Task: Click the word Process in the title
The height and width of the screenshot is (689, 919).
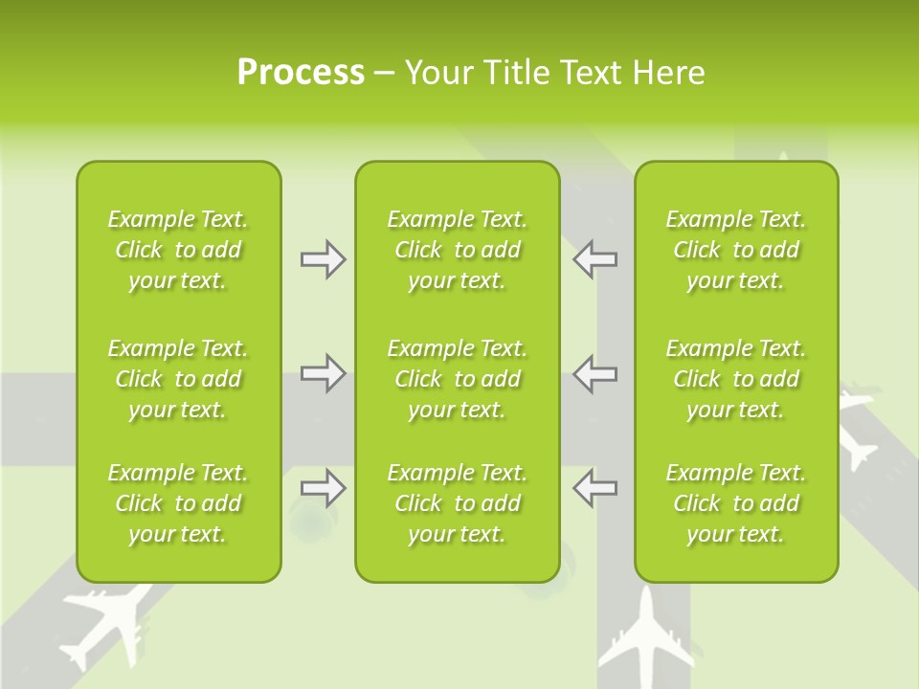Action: coord(301,73)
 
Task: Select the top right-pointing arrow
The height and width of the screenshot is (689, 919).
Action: coord(323,259)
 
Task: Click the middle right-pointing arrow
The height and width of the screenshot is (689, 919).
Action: coord(323,373)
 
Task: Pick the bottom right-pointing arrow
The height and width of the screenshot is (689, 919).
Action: coord(323,488)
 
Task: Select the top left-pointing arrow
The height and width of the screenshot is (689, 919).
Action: coord(594,259)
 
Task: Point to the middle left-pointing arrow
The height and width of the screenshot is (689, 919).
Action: coord(594,373)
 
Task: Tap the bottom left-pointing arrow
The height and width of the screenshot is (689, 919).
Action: coord(594,488)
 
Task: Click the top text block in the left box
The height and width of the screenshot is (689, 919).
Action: coord(178,250)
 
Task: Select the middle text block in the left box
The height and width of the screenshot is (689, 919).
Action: coord(178,379)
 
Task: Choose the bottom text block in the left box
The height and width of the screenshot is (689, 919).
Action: coord(178,503)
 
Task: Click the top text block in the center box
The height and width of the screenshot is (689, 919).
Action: coord(457,250)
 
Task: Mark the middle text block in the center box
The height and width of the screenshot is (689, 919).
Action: coord(457,379)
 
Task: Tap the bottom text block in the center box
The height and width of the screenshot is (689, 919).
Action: coord(457,503)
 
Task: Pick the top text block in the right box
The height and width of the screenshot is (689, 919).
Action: coord(735,250)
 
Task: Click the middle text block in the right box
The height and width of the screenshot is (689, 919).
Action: coord(735,379)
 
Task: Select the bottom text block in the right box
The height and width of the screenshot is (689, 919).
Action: coord(735,503)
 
